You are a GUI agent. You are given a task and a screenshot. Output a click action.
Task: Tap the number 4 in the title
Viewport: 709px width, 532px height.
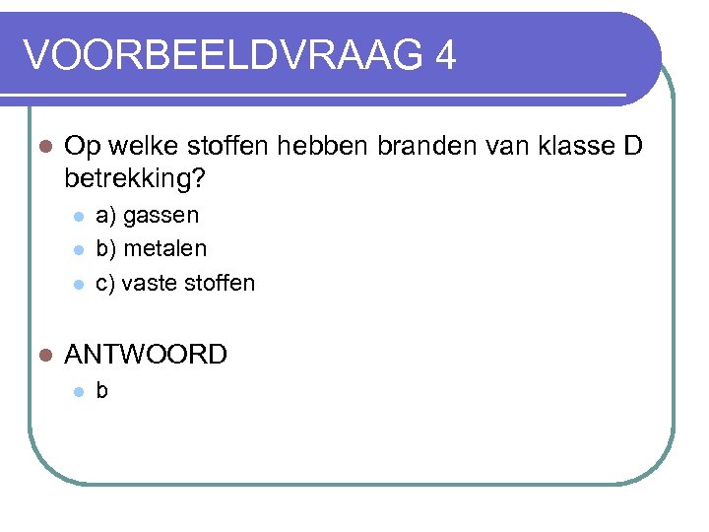(444, 55)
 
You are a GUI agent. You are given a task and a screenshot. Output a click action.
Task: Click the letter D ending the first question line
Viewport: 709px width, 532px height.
(633, 147)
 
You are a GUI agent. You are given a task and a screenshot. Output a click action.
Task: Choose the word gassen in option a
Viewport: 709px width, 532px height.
(161, 216)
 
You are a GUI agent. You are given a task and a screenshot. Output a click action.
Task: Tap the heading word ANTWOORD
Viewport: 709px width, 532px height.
(146, 355)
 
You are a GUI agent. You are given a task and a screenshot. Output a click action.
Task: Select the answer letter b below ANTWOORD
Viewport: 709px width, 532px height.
(102, 391)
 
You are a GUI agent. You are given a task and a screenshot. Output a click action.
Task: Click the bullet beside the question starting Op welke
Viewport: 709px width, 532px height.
(42, 147)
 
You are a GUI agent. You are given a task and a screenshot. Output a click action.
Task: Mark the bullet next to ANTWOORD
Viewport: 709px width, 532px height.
(42, 355)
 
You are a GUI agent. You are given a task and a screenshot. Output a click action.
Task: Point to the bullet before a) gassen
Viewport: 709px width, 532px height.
(78, 217)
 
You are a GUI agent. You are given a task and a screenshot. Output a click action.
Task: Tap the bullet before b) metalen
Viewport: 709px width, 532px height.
(78, 250)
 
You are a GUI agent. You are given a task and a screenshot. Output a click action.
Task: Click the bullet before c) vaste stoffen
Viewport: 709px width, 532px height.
(78, 285)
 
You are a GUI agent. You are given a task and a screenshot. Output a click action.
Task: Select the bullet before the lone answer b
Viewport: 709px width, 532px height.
(78, 392)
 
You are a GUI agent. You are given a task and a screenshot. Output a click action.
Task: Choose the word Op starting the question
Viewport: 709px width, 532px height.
(81, 148)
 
